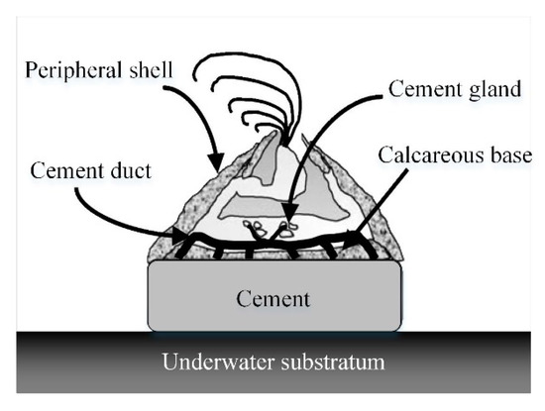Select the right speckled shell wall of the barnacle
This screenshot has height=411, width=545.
[372, 213]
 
